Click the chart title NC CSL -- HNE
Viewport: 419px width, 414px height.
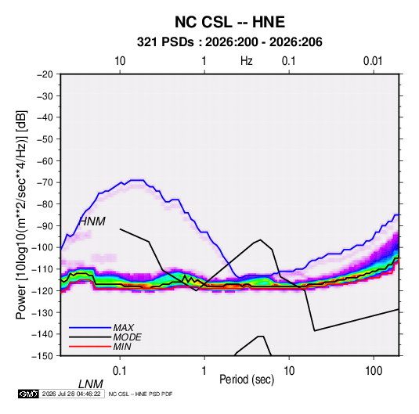[229, 22]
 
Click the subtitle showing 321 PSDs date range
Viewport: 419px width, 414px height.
[229, 42]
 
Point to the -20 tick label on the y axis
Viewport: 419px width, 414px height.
[45, 74]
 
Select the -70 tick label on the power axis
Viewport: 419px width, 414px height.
[45, 182]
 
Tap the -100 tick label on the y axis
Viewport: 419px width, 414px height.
[42, 247]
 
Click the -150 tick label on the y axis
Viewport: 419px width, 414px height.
[42, 356]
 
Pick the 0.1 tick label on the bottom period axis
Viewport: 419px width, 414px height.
[120, 371]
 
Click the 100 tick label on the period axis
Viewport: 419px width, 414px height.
[374, 371]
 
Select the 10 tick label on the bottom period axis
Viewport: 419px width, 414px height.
[289, 371]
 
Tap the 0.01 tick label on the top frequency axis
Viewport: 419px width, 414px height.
[373, 61]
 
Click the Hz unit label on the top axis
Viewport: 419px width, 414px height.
[246, 61]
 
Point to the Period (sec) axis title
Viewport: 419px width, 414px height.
[247, 380]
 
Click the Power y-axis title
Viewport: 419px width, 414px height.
[21, 214]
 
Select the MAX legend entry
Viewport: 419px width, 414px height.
[124, 328]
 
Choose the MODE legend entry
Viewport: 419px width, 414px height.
[127, 337]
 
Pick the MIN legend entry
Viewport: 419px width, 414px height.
[122, 347]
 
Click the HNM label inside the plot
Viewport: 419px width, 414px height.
[92, 221]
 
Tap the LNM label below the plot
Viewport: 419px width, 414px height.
[91, 384]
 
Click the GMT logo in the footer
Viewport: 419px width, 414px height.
[28, 394]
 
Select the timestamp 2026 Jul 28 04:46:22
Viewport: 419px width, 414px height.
[71, 394]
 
